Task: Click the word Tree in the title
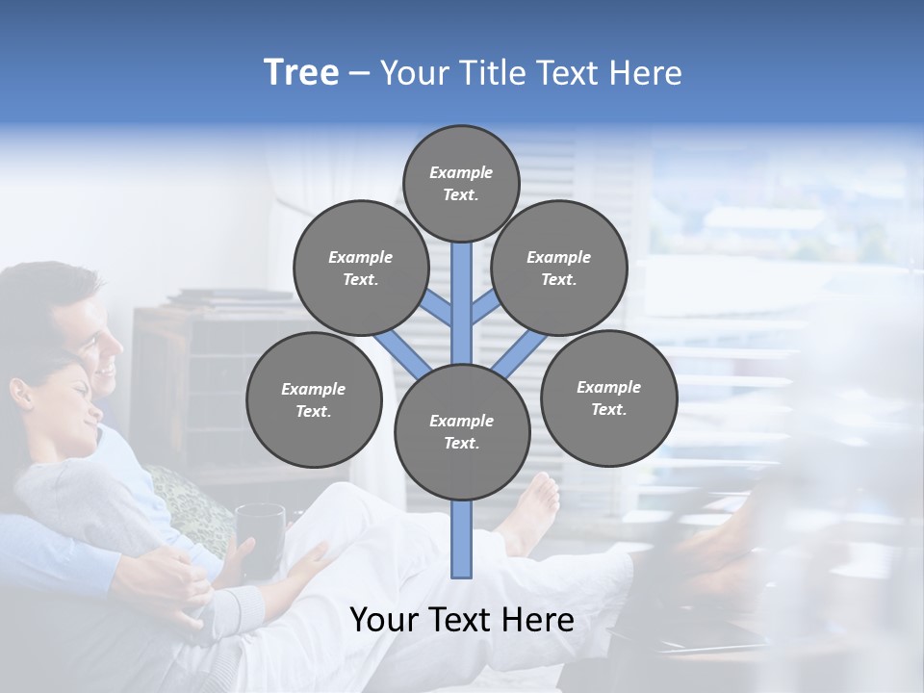coord(301,72)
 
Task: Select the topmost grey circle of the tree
coord(461,183)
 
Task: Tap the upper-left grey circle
coord(361,268)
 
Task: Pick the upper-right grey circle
coord(559,268)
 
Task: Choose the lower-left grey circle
coord(314,399)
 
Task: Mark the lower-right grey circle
coord(608,398)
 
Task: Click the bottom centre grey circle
coord(462,431)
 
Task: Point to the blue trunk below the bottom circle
coord(462,539)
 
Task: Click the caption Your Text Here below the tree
coord(462,620)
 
